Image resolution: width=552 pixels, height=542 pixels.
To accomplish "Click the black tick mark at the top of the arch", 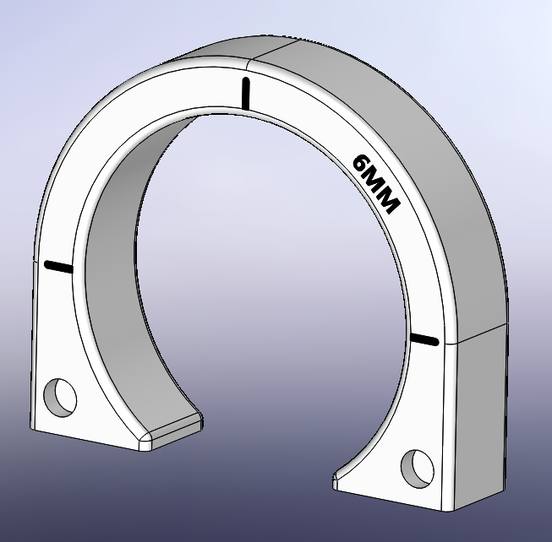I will pos(246,93).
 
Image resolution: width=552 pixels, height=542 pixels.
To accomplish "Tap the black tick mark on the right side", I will pos(424,339).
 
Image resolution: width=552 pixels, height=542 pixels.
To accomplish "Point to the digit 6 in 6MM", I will pos(361,164).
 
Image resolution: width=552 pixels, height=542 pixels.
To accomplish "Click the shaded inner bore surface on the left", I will pos(114,253).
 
